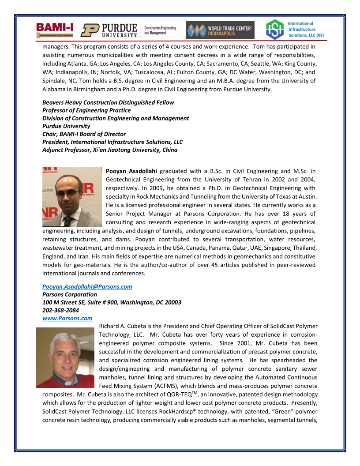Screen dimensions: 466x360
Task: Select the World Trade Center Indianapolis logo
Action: point(219,30)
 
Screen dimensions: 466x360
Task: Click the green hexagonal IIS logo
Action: point(274,30)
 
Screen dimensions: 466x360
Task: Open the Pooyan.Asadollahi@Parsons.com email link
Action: point(87,286)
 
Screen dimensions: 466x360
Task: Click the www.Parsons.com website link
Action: point(67,318)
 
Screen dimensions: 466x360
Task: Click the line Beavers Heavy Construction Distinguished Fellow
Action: point(108,102)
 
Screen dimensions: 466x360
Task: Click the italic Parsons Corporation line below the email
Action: point(69,294)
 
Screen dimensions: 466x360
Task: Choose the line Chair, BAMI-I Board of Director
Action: point(84,134)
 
